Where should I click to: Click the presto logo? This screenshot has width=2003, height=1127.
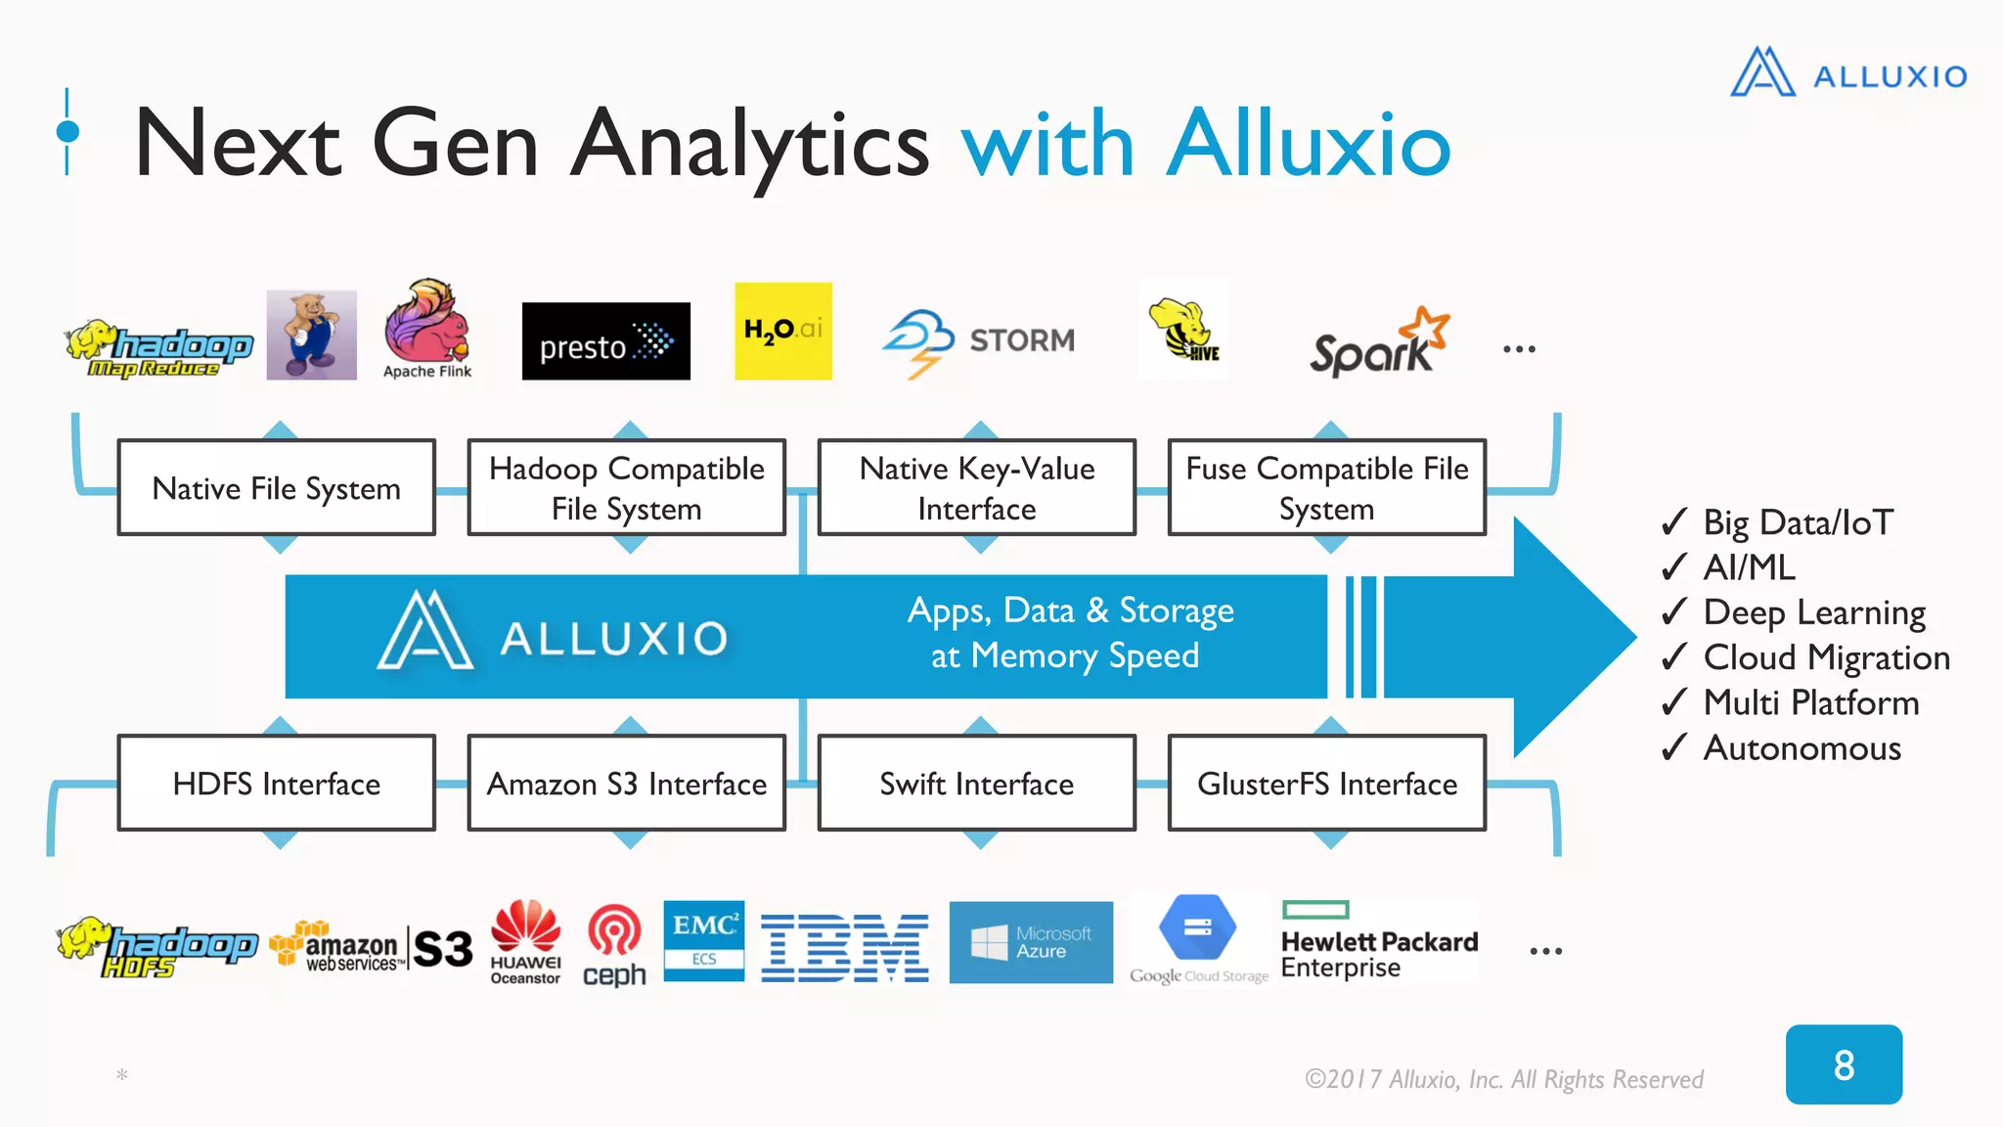605,341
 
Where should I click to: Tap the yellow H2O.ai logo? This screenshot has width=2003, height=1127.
782,331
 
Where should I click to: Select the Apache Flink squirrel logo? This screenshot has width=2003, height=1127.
427,328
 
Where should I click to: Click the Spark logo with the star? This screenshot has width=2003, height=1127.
1379,342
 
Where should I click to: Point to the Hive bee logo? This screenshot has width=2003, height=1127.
1182,331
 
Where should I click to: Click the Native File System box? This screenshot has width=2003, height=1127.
276,487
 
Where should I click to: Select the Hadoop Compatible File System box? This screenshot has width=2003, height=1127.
626,487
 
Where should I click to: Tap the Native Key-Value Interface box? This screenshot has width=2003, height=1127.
976,487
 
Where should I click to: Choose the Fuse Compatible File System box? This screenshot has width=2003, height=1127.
1326,487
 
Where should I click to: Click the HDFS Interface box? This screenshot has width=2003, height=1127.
276,783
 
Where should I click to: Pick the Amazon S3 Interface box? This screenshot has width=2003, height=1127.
626,783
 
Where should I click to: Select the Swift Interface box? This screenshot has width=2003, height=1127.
976,783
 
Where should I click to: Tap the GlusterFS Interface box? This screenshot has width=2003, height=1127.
1326,783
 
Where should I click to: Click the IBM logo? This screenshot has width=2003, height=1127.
845,947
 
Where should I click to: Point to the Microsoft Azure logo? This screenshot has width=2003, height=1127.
1031,942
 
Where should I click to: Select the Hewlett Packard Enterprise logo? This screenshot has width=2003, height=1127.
1379,941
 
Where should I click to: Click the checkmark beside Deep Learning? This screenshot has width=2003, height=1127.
1674,611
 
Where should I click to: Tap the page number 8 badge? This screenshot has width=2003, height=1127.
1844,1064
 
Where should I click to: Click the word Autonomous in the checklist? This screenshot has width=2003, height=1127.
1802,748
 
